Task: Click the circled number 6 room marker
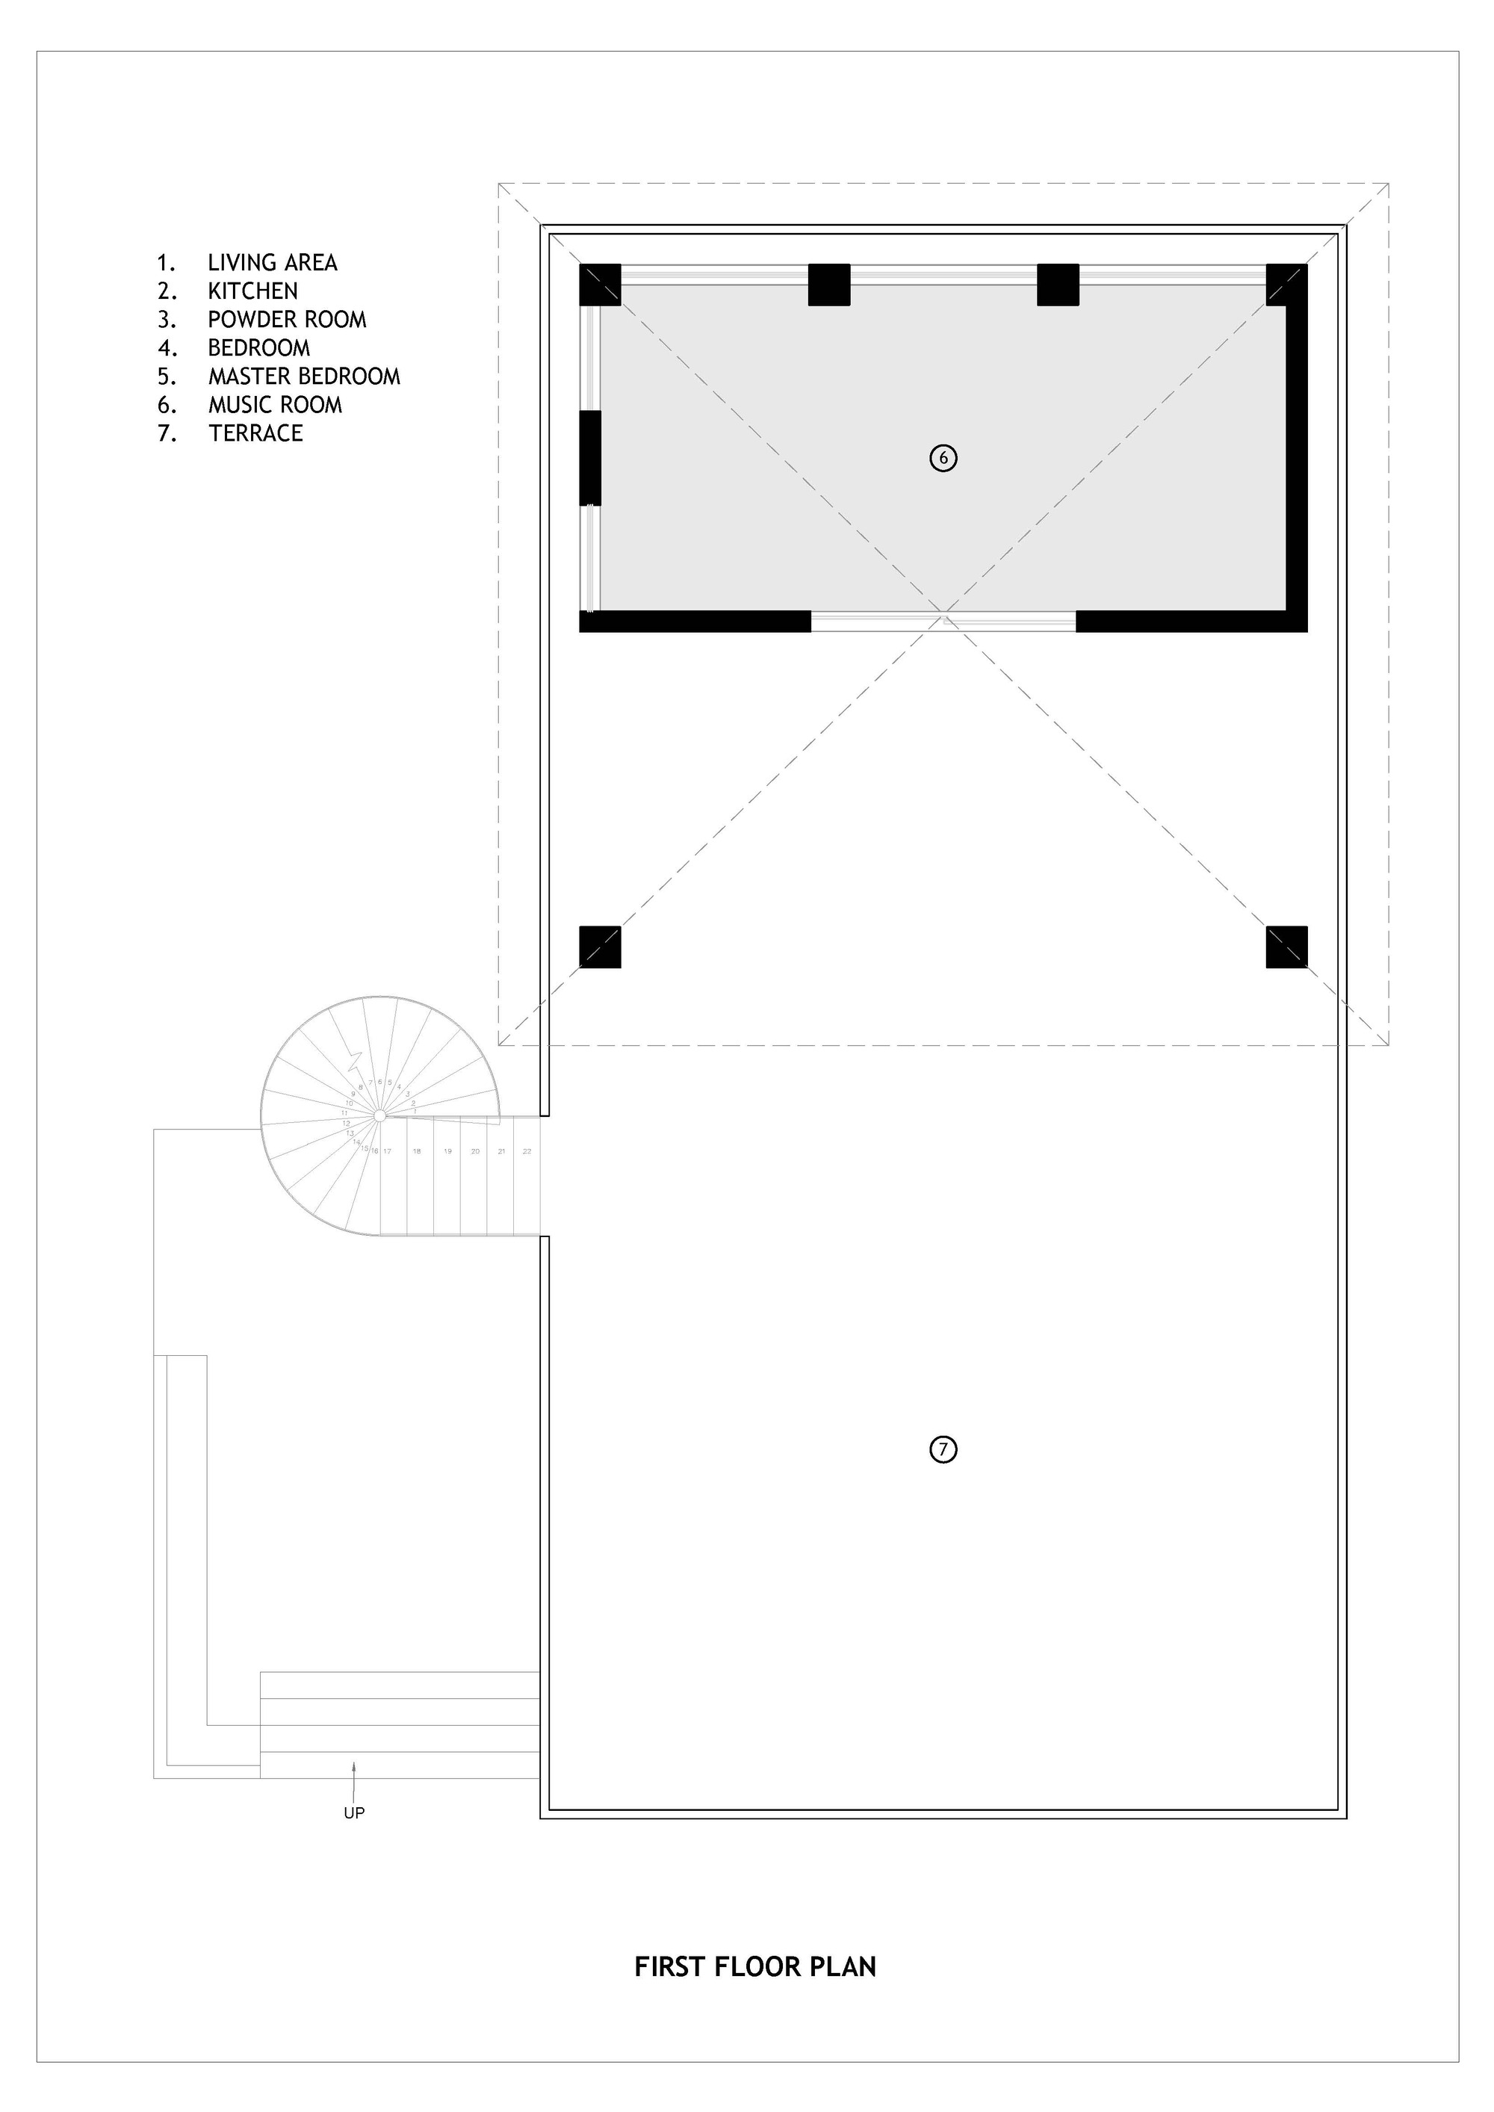943,457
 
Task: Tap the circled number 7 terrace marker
943,1449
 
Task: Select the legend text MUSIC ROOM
275,405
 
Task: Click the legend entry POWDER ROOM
287,319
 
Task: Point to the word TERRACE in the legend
255,433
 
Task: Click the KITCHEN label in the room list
253,291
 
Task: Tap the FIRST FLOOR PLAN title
755,1966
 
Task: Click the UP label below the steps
354,1813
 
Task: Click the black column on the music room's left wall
589,457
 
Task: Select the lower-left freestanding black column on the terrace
600,947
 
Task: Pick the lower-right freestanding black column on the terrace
1286,947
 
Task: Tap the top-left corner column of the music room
600,284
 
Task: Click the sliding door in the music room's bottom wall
943,622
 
